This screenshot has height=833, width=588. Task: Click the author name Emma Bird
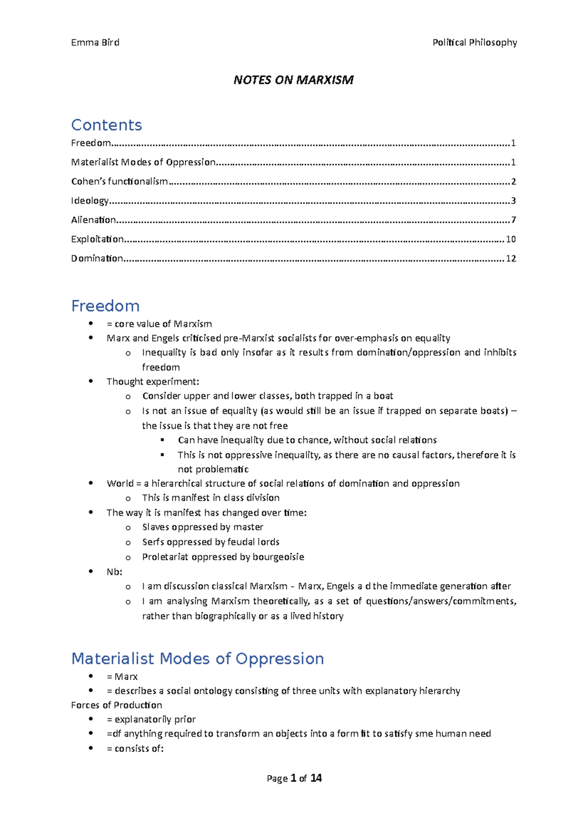point(95,43)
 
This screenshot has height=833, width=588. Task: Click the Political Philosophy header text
point(474,43)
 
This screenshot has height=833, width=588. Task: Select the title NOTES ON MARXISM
point(294,80)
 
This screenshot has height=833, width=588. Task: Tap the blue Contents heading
point(106,125)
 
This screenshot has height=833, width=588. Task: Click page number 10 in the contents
point(511,239)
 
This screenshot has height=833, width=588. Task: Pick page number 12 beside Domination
point(511,259)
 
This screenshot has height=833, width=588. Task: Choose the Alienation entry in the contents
point(94,220)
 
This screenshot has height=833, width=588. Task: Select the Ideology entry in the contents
point(90,201)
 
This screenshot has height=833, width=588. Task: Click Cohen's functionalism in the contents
point(120,182)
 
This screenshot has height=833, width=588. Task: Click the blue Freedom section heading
point(105,306)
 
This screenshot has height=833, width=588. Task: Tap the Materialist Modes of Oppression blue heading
point(197,658)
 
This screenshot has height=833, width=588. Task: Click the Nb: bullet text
point(115,572)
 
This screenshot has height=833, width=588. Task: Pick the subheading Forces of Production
point(117,705)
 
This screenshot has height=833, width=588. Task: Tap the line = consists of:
point(135,749)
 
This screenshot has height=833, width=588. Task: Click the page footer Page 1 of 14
point(294,778)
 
